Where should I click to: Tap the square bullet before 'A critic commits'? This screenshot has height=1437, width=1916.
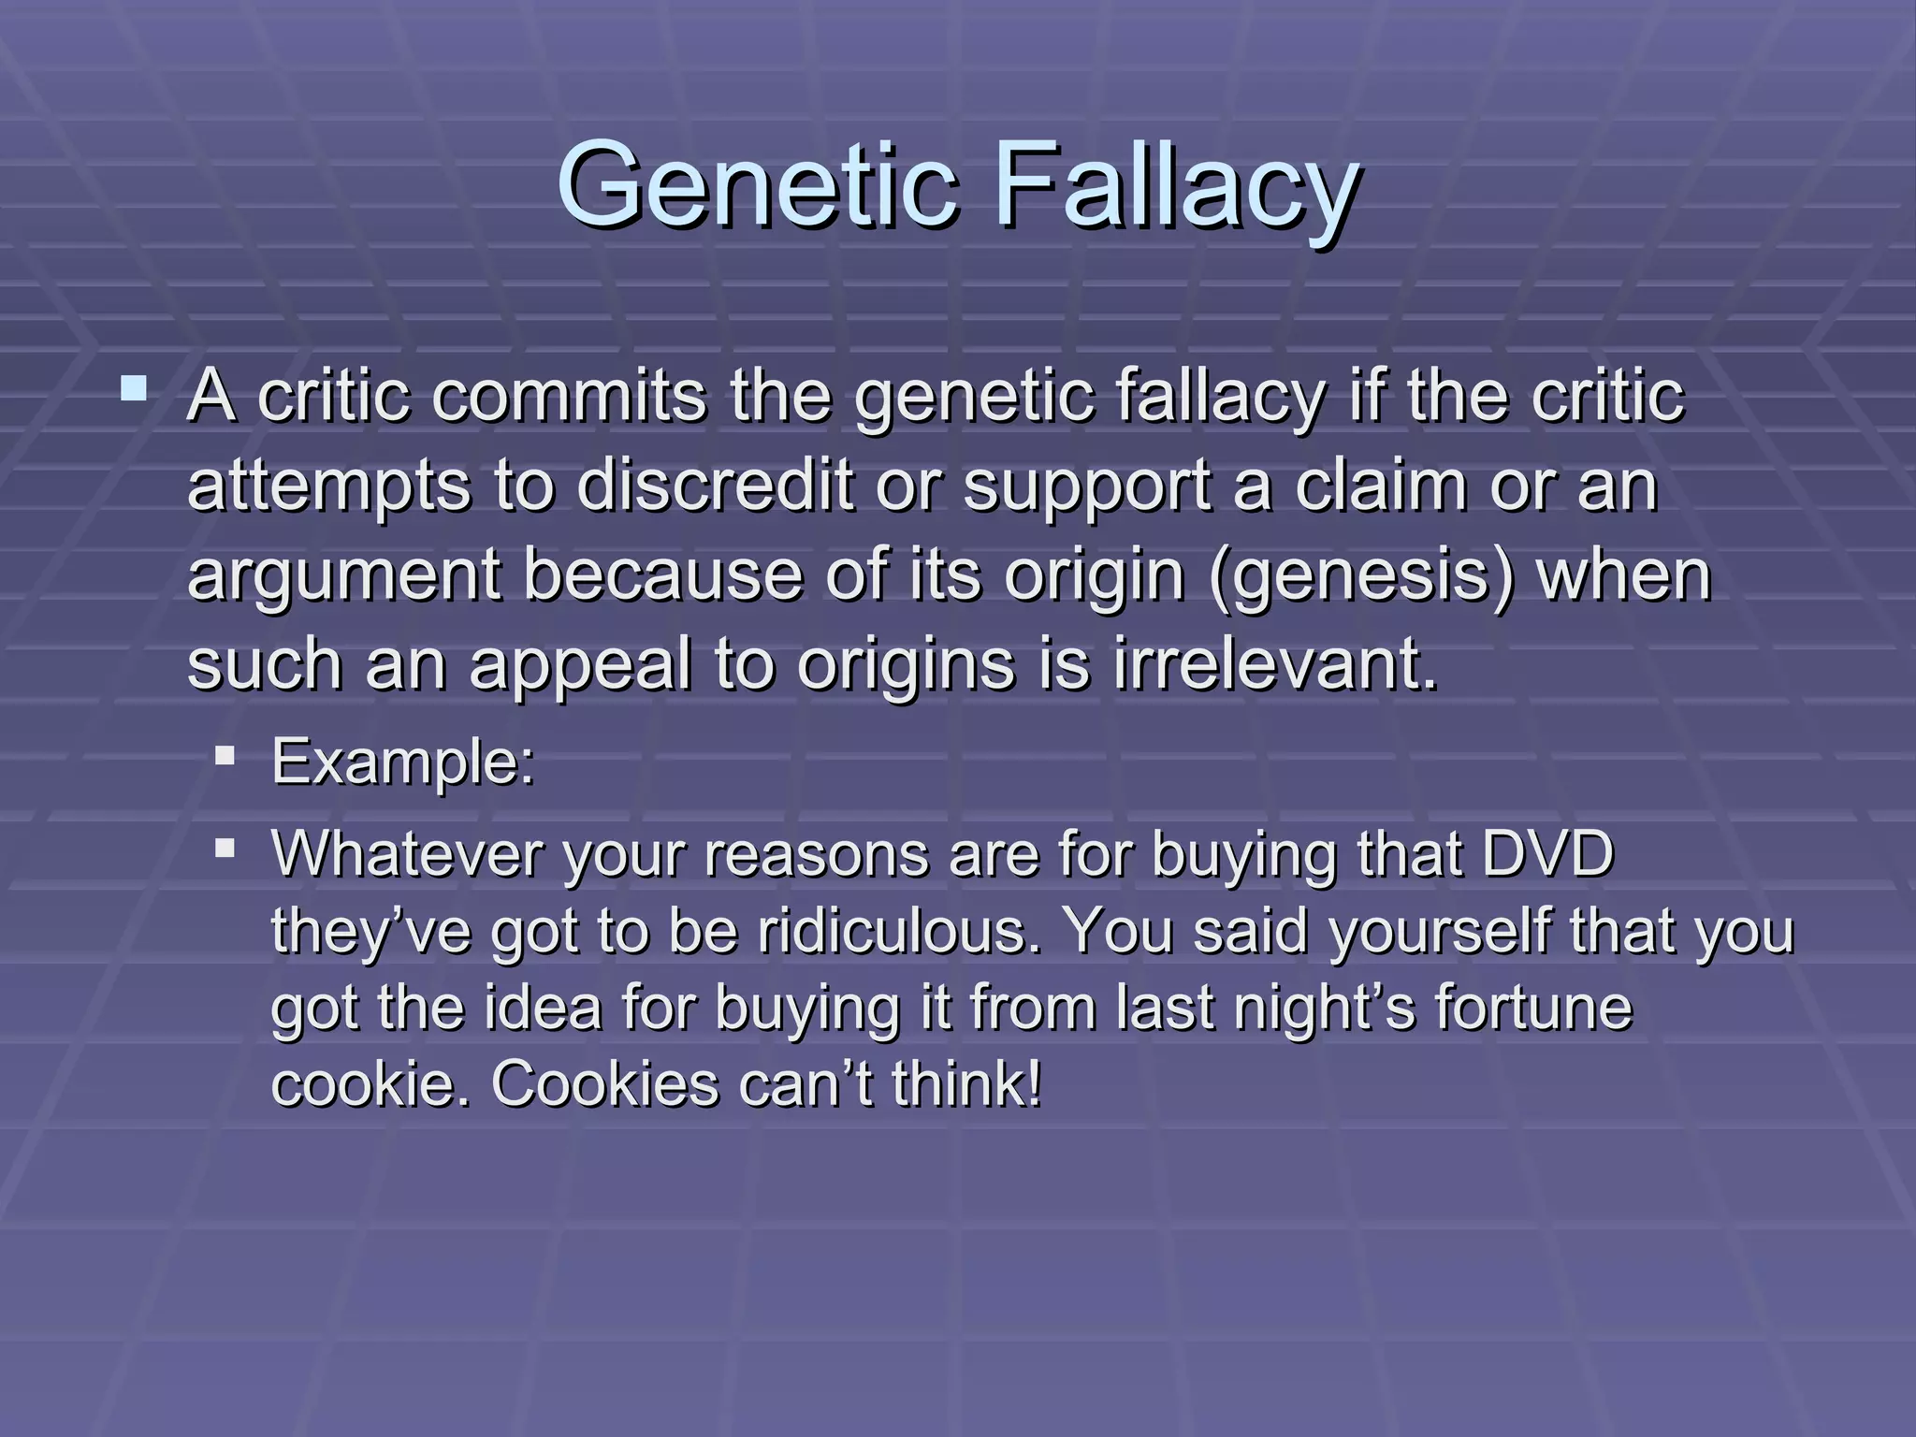[134, 387]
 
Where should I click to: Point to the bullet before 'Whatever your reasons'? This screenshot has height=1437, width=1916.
[225, 848]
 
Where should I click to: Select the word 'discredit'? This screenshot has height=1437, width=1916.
[715, 486]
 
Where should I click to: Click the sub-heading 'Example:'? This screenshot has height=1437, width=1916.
[402, 762]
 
